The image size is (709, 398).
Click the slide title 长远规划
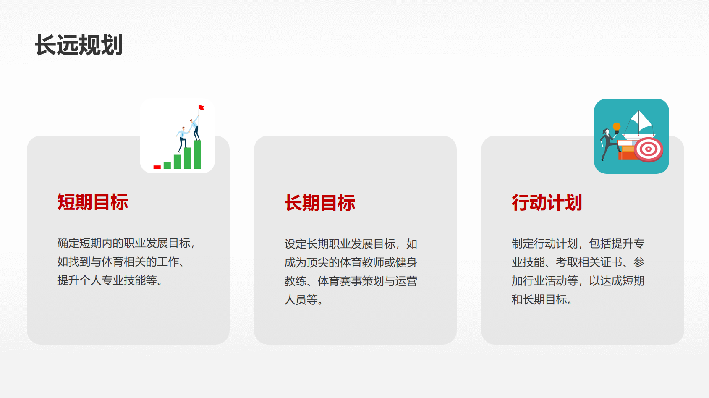tap(78, 45)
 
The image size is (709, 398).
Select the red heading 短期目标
tap(93, 202)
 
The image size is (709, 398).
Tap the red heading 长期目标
tap(320, 203)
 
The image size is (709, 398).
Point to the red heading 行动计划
tap(547, 203)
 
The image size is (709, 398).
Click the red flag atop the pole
tap(201, 107)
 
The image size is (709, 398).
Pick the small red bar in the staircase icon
tap(157, 167)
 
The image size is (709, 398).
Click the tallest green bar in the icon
tap(198, 154)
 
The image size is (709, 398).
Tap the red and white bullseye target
tap(649, 149)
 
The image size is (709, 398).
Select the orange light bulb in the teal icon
tap(617, 128)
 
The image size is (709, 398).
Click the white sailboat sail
tap(640, 121)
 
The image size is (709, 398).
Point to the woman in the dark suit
tap(608, 144)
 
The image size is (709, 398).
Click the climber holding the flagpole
tap(195, 128)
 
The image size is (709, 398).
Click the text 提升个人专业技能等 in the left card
tap(107, 280)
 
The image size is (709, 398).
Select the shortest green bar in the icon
tap(167, 165)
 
